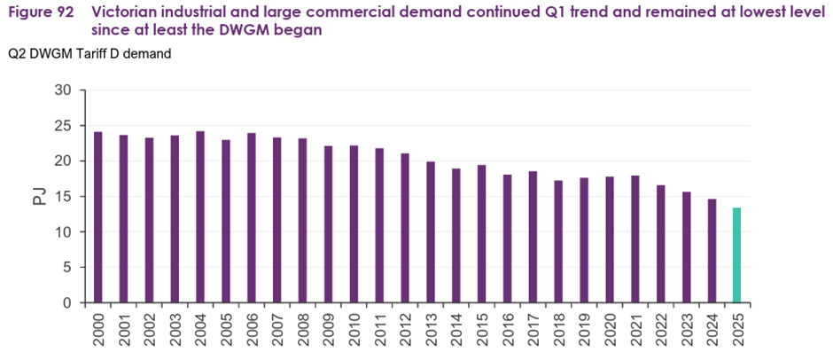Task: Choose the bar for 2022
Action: (660, 244)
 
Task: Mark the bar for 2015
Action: (481, 234)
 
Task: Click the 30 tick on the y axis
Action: (63, 90)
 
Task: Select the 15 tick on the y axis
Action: (63, 197)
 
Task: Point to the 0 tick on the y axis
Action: (66, 303)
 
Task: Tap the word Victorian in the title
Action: (128, 12)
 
